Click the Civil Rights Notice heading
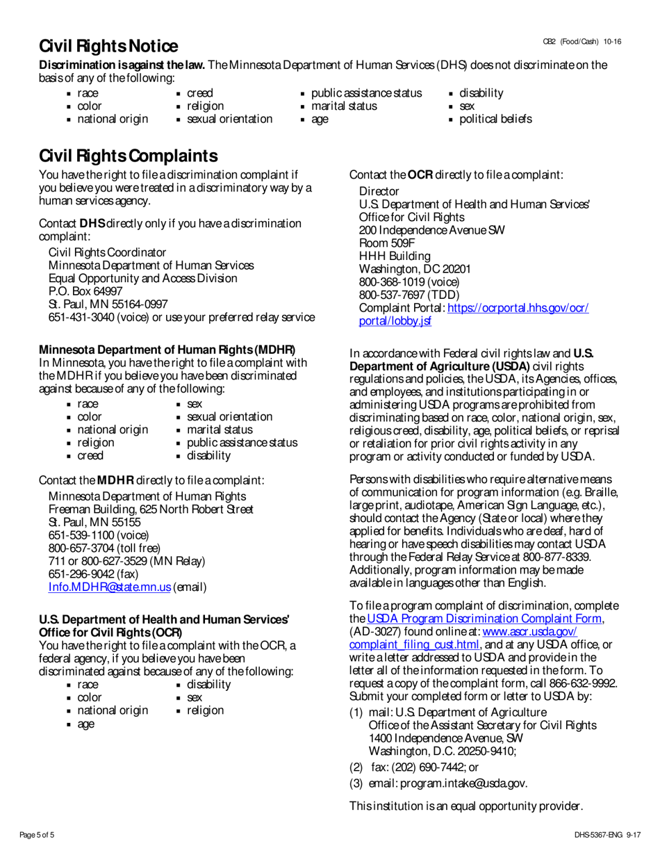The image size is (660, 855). pos(108,47)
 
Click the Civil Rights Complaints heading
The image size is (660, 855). pos(129,155)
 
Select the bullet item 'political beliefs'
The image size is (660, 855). pos(495,120)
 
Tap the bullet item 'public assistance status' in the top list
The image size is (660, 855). pos(366,93)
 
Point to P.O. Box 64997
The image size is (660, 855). pos(85,291)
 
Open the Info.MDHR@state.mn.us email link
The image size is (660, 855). pos(109,587)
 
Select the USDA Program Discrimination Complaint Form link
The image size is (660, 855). pos(484,619)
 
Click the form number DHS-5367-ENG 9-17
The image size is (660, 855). pos(597,834)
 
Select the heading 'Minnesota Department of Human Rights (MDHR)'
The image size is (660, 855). pos(167,350)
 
